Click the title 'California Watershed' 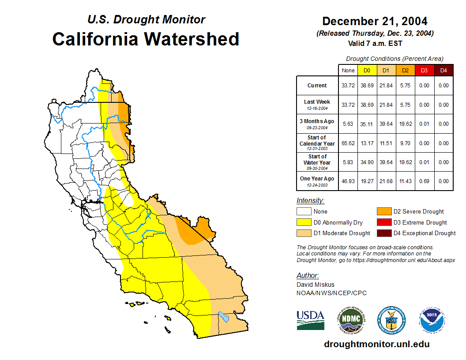(146, 39)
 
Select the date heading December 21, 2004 (375, 21)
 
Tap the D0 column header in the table (367, 70)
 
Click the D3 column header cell (424, 70)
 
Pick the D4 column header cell (443, 70)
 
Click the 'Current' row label (317, 86)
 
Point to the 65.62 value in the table (348, 143)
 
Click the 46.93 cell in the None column (348, 181)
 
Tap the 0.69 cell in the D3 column (424, 181)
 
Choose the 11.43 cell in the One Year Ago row (405, 181)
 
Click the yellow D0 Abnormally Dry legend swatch (304, 222)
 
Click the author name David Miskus (316, 285)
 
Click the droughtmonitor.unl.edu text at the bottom (376, 344)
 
